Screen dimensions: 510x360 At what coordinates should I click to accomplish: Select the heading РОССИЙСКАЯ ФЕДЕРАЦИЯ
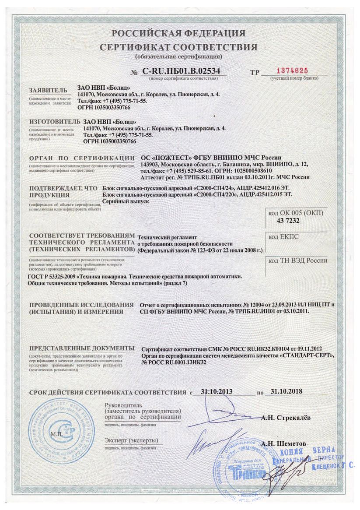(x=178, y=34)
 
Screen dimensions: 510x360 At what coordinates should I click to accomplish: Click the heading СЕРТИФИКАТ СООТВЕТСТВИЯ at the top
(x=178, y=47)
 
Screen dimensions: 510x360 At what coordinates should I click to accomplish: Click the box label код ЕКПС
(x=282, y=237)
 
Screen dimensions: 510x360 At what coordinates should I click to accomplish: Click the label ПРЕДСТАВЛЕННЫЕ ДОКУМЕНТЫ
(x=82, y=348)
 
